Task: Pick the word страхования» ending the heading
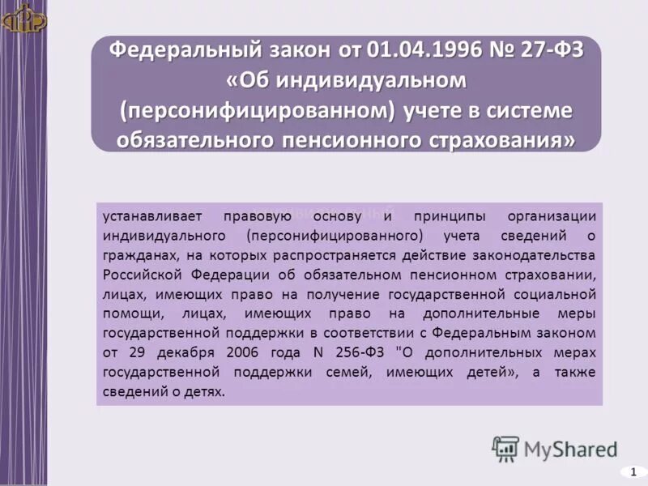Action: [509, 140]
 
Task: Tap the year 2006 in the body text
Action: [233, 353]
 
